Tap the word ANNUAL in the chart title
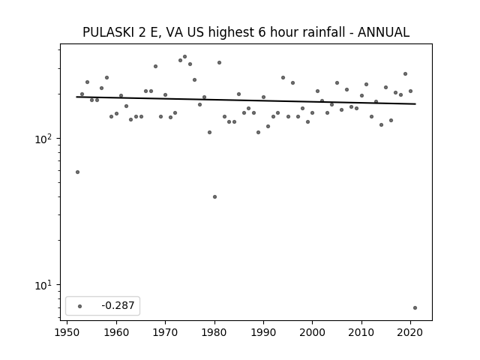[383, 32]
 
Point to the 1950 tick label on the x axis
[67, 332]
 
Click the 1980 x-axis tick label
[214, 332]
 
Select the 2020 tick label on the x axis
[410, 332]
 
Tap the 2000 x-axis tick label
[312, 332]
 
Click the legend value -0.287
[118, 305]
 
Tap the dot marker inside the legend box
[80, 306]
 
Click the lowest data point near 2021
[415, 308]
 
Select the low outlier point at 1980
[214, 196]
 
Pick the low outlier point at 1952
[77, 172]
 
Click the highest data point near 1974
[185, 57]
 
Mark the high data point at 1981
[219, 63]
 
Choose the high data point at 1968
[155, 67]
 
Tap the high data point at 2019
[405, 74]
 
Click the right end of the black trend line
[415, 104]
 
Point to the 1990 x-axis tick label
[263, 332]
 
